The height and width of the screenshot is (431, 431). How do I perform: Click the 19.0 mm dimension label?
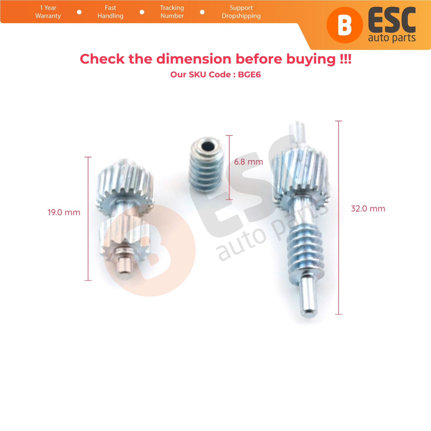pos(64,212)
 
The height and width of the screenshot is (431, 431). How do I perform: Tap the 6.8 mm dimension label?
pos(248,162)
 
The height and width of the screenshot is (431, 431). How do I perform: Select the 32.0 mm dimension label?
pos(368,208)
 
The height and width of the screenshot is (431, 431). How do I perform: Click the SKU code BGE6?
pos(249,74)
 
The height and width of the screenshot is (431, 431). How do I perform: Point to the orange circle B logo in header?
pos(345,25)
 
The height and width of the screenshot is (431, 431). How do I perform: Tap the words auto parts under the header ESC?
pos(392,38)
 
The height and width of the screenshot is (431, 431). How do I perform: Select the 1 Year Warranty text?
pos(48,12)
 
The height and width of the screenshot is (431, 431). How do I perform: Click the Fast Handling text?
pos(110,12)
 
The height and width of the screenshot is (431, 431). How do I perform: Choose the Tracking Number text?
pos(172,12)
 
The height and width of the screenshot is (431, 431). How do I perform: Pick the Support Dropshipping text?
pos(241,12)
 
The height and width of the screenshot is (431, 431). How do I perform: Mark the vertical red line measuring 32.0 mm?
pos(339,218)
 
